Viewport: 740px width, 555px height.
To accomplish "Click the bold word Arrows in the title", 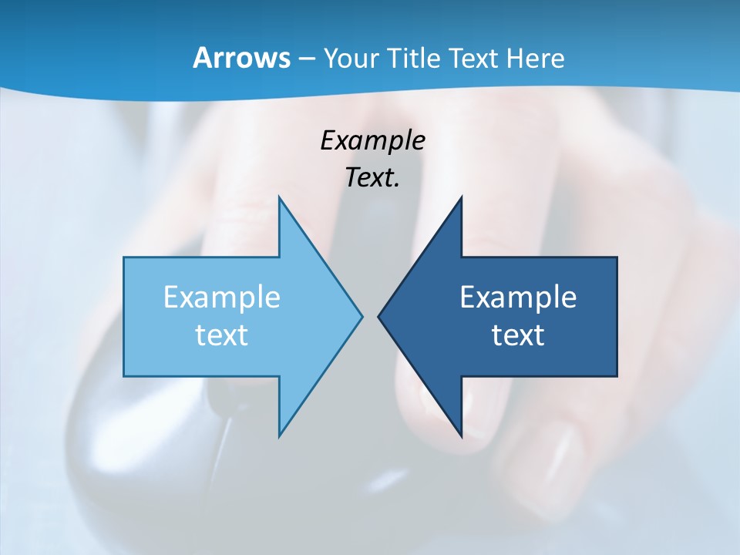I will (x=241, y=58).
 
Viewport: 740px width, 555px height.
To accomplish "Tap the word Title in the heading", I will (x=414, y=58).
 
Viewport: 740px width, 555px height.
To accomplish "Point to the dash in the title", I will (x=304, y=59).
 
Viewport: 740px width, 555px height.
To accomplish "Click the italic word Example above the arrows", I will (x=372, y=140).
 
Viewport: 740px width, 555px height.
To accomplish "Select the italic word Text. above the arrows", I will (x=372, y=177).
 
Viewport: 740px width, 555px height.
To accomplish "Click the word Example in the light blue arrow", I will (x=222, y=297).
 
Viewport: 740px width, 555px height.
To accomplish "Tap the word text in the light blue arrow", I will (x=222, y=335).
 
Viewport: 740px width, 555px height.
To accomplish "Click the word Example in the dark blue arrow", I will (x=518, y=297).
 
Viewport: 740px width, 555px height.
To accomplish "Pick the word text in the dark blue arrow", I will (x=518, y=335).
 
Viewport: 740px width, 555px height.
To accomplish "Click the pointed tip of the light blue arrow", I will (x=362, y=316).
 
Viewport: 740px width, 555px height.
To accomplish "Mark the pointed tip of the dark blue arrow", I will (x=378, y=316).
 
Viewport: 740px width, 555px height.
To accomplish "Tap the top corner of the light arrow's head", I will (x=279, y=197).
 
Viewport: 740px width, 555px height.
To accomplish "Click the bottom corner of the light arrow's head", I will (x=279, y=436).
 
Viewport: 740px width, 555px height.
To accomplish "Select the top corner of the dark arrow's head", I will (x=461, y=197).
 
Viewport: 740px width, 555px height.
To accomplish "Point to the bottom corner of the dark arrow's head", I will (x=461, y=436).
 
